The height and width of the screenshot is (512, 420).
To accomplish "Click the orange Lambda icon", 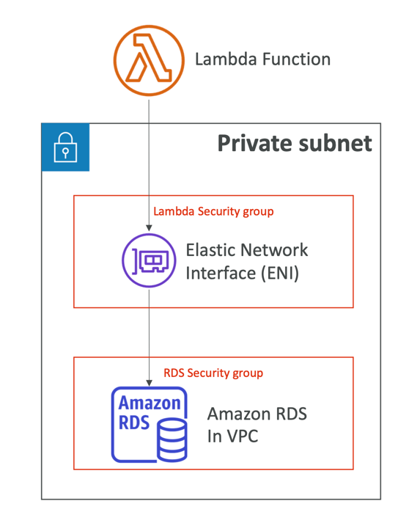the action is tap(149, 60).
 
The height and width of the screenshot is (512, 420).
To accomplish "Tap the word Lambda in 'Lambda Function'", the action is tap(226, 59).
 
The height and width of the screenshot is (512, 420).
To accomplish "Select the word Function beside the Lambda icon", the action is tap(296, 59).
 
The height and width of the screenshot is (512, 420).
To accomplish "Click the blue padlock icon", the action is tap(65, 147).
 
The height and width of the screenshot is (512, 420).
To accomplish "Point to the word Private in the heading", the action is tap(254, 143).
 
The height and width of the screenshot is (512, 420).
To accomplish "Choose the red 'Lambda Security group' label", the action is tap(213, 211).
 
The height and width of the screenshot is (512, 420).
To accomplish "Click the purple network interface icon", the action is tap(149, 260).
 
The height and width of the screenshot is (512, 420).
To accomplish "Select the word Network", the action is tap(274, 250).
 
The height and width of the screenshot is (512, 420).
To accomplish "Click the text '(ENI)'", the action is tap(280, 273).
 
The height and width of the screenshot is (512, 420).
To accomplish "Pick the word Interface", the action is tap(221, 273).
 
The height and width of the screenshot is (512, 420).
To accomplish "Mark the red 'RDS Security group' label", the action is tap(213, 373).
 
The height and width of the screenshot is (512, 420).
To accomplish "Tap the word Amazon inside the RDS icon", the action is tap(150, 403).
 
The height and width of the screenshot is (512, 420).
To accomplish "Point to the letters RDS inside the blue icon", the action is tap(134, 423).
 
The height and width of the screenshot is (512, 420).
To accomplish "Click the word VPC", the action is tap(242, 436).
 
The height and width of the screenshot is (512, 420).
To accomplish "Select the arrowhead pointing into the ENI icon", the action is tap(149, 228).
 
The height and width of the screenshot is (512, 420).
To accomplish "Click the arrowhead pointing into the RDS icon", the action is tap(149, 383).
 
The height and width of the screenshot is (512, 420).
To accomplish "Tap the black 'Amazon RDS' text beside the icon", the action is tap(257, 414).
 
